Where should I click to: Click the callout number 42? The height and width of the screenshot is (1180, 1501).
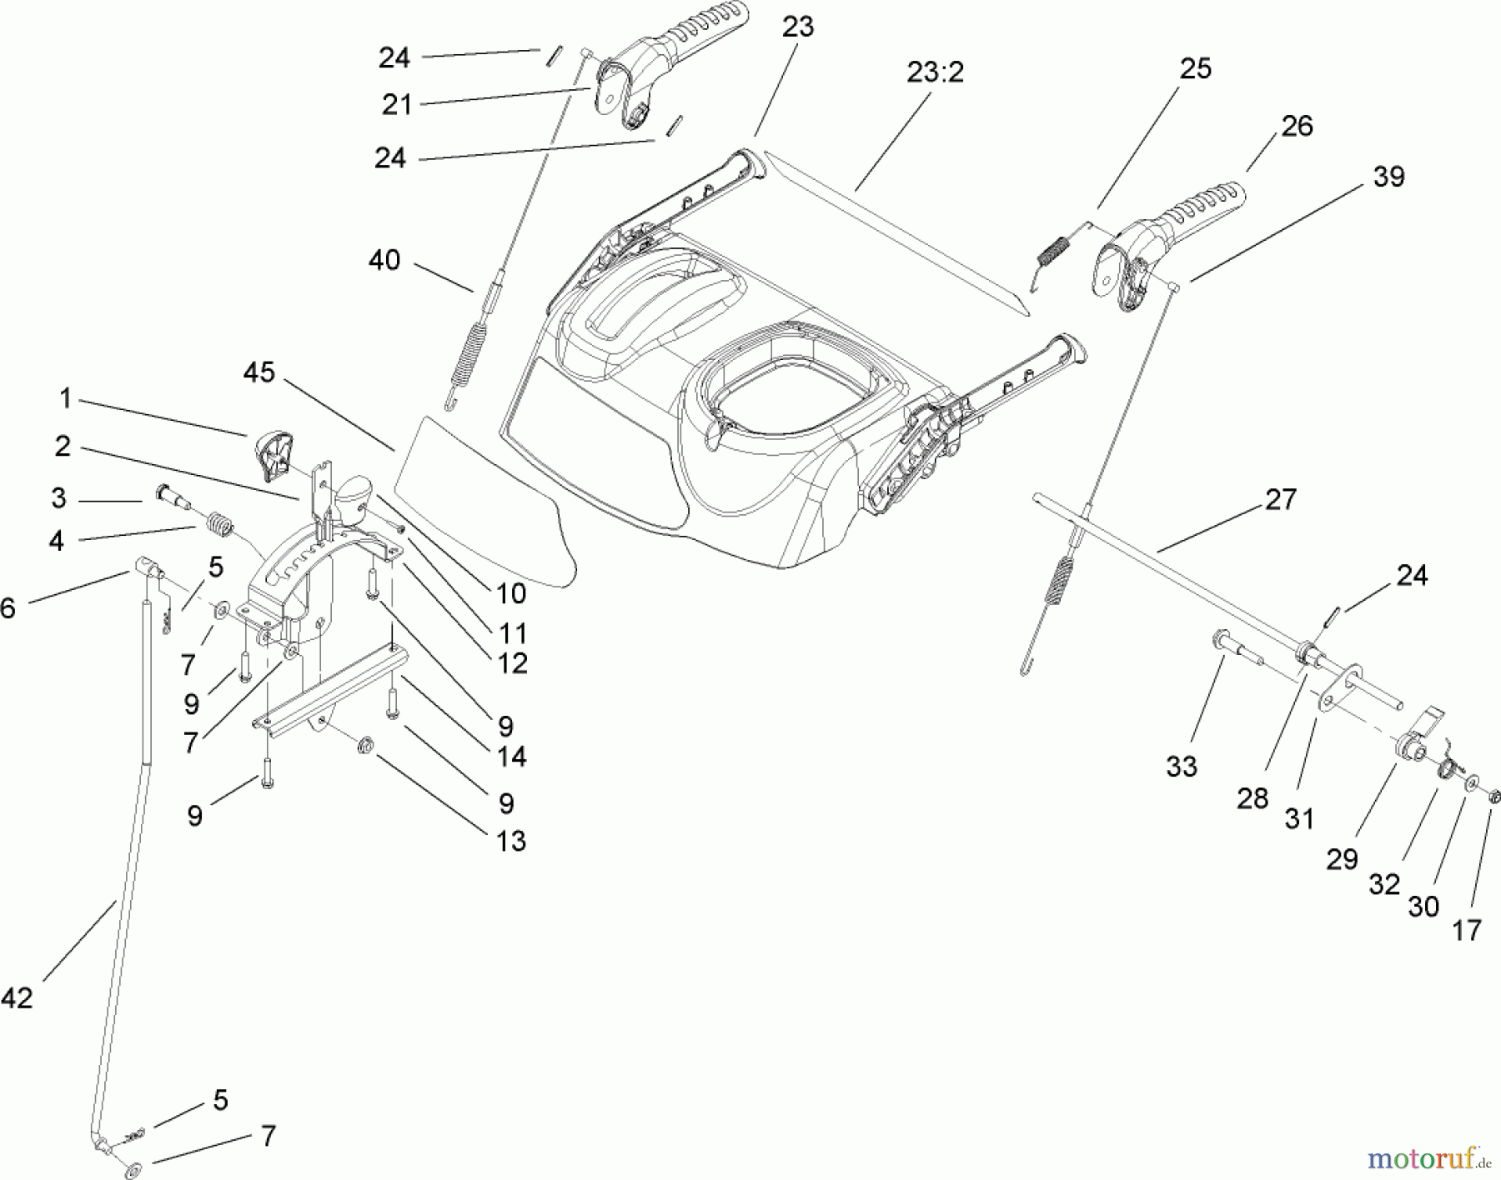17,997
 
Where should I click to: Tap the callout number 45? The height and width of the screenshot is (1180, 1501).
259,372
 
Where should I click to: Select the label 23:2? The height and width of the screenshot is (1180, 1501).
935,72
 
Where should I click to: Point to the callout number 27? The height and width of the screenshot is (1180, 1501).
1281,499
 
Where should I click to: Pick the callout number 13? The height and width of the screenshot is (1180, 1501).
511,841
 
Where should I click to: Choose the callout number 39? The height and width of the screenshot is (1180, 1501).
1388,177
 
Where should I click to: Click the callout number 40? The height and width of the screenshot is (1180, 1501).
384,260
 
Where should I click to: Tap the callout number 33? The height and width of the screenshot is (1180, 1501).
1182,766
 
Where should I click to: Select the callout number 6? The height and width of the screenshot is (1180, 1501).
8,608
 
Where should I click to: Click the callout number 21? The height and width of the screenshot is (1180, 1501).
397,105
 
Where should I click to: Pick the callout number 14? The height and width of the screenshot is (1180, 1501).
511,757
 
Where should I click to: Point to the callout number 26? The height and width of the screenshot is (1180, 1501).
1297,126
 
